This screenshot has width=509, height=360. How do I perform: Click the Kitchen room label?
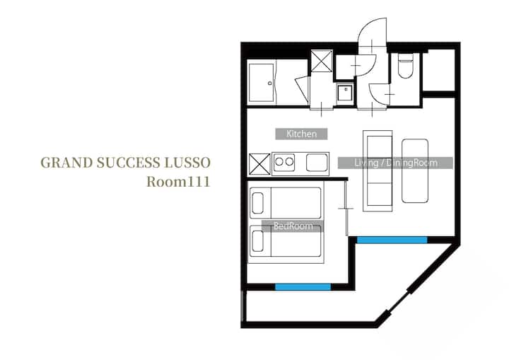[301, 134]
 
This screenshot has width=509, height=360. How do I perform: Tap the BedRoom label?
[293, 226]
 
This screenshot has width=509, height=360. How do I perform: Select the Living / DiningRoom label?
[395, 163]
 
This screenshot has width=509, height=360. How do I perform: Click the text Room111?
[179, 182]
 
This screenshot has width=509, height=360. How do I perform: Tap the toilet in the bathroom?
[405, 66]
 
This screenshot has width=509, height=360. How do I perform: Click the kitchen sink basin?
[317, 163]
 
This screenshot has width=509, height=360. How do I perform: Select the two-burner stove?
[284, 162]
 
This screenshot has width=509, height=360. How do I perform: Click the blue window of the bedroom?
[303, 287]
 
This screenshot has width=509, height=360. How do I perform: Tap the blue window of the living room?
[392, 240]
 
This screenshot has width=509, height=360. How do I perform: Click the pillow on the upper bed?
[257, 203]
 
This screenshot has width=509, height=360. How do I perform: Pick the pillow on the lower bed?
[257, 241]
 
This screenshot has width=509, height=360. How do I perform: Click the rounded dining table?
[415, 171]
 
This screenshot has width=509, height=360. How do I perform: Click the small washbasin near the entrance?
[345, 93]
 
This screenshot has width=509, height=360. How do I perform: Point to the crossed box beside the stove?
[259, 164]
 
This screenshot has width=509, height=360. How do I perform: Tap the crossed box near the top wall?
[322, 61]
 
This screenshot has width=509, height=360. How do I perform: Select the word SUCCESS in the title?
[129, 163]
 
